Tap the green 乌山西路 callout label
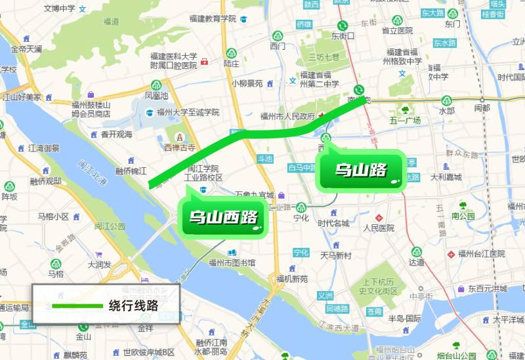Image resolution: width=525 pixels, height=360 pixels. pos(222,216)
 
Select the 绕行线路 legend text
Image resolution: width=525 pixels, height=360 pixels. pos(133,305)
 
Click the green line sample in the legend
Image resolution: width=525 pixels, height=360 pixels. pos(77,306)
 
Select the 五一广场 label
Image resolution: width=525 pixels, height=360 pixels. pos(405,120)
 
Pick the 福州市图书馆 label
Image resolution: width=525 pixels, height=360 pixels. pos(232,262)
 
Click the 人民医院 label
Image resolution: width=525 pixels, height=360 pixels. pos(379,228)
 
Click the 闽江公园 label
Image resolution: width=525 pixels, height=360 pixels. pos(110,226)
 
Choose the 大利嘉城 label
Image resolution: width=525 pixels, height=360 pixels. pos(446,177)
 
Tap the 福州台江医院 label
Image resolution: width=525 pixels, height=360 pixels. pos(482,254)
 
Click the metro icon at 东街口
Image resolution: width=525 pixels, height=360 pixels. pos(341,26)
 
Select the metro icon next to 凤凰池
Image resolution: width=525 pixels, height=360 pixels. pos(156,85)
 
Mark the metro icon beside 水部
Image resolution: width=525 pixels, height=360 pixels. pos(447,100)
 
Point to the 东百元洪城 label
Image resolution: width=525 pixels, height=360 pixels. pos(487,289)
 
